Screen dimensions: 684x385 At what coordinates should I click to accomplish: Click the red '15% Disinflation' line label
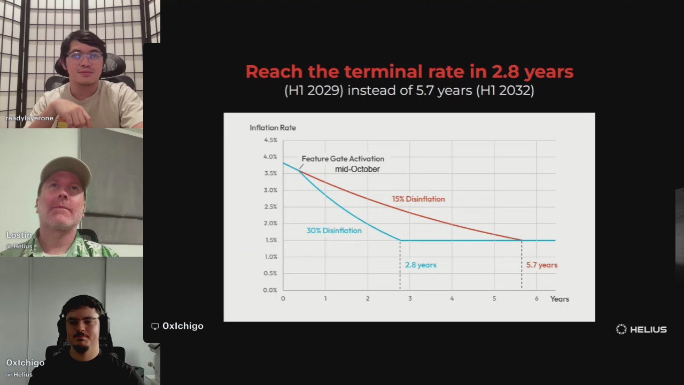pos(418,199)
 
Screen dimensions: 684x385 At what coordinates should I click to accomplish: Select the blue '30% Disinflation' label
pos(334,230)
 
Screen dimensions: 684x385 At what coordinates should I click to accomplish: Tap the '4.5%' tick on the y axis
pos(270,140)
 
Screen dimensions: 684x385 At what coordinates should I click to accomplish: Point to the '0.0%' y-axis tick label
pos(270,290)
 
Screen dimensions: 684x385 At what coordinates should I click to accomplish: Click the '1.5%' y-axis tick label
pos(271,240)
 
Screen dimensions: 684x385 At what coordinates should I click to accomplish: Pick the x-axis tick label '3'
pos(410,298)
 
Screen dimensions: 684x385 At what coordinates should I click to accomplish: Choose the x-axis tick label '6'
pos(537,298)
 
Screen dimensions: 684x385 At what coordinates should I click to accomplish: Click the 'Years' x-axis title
pos(559,299)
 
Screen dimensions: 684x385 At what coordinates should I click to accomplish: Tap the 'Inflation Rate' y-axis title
pos(273,128)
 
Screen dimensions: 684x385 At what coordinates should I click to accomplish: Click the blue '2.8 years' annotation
pos(421,265)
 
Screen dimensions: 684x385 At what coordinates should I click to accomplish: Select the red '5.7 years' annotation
pos(542,265)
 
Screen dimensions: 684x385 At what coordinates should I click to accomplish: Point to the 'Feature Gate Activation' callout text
pos(343,159)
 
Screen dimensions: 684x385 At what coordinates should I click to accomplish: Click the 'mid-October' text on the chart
pos(357,169)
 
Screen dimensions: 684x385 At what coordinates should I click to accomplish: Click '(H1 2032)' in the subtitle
pos(505,90)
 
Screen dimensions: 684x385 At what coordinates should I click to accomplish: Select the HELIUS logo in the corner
pos(641,329)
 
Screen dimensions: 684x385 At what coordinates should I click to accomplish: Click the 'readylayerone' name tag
pos(29,118)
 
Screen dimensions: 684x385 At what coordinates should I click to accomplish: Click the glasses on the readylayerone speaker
pos(84,57)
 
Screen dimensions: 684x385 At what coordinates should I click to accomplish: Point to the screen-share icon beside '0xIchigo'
pos(155,326)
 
